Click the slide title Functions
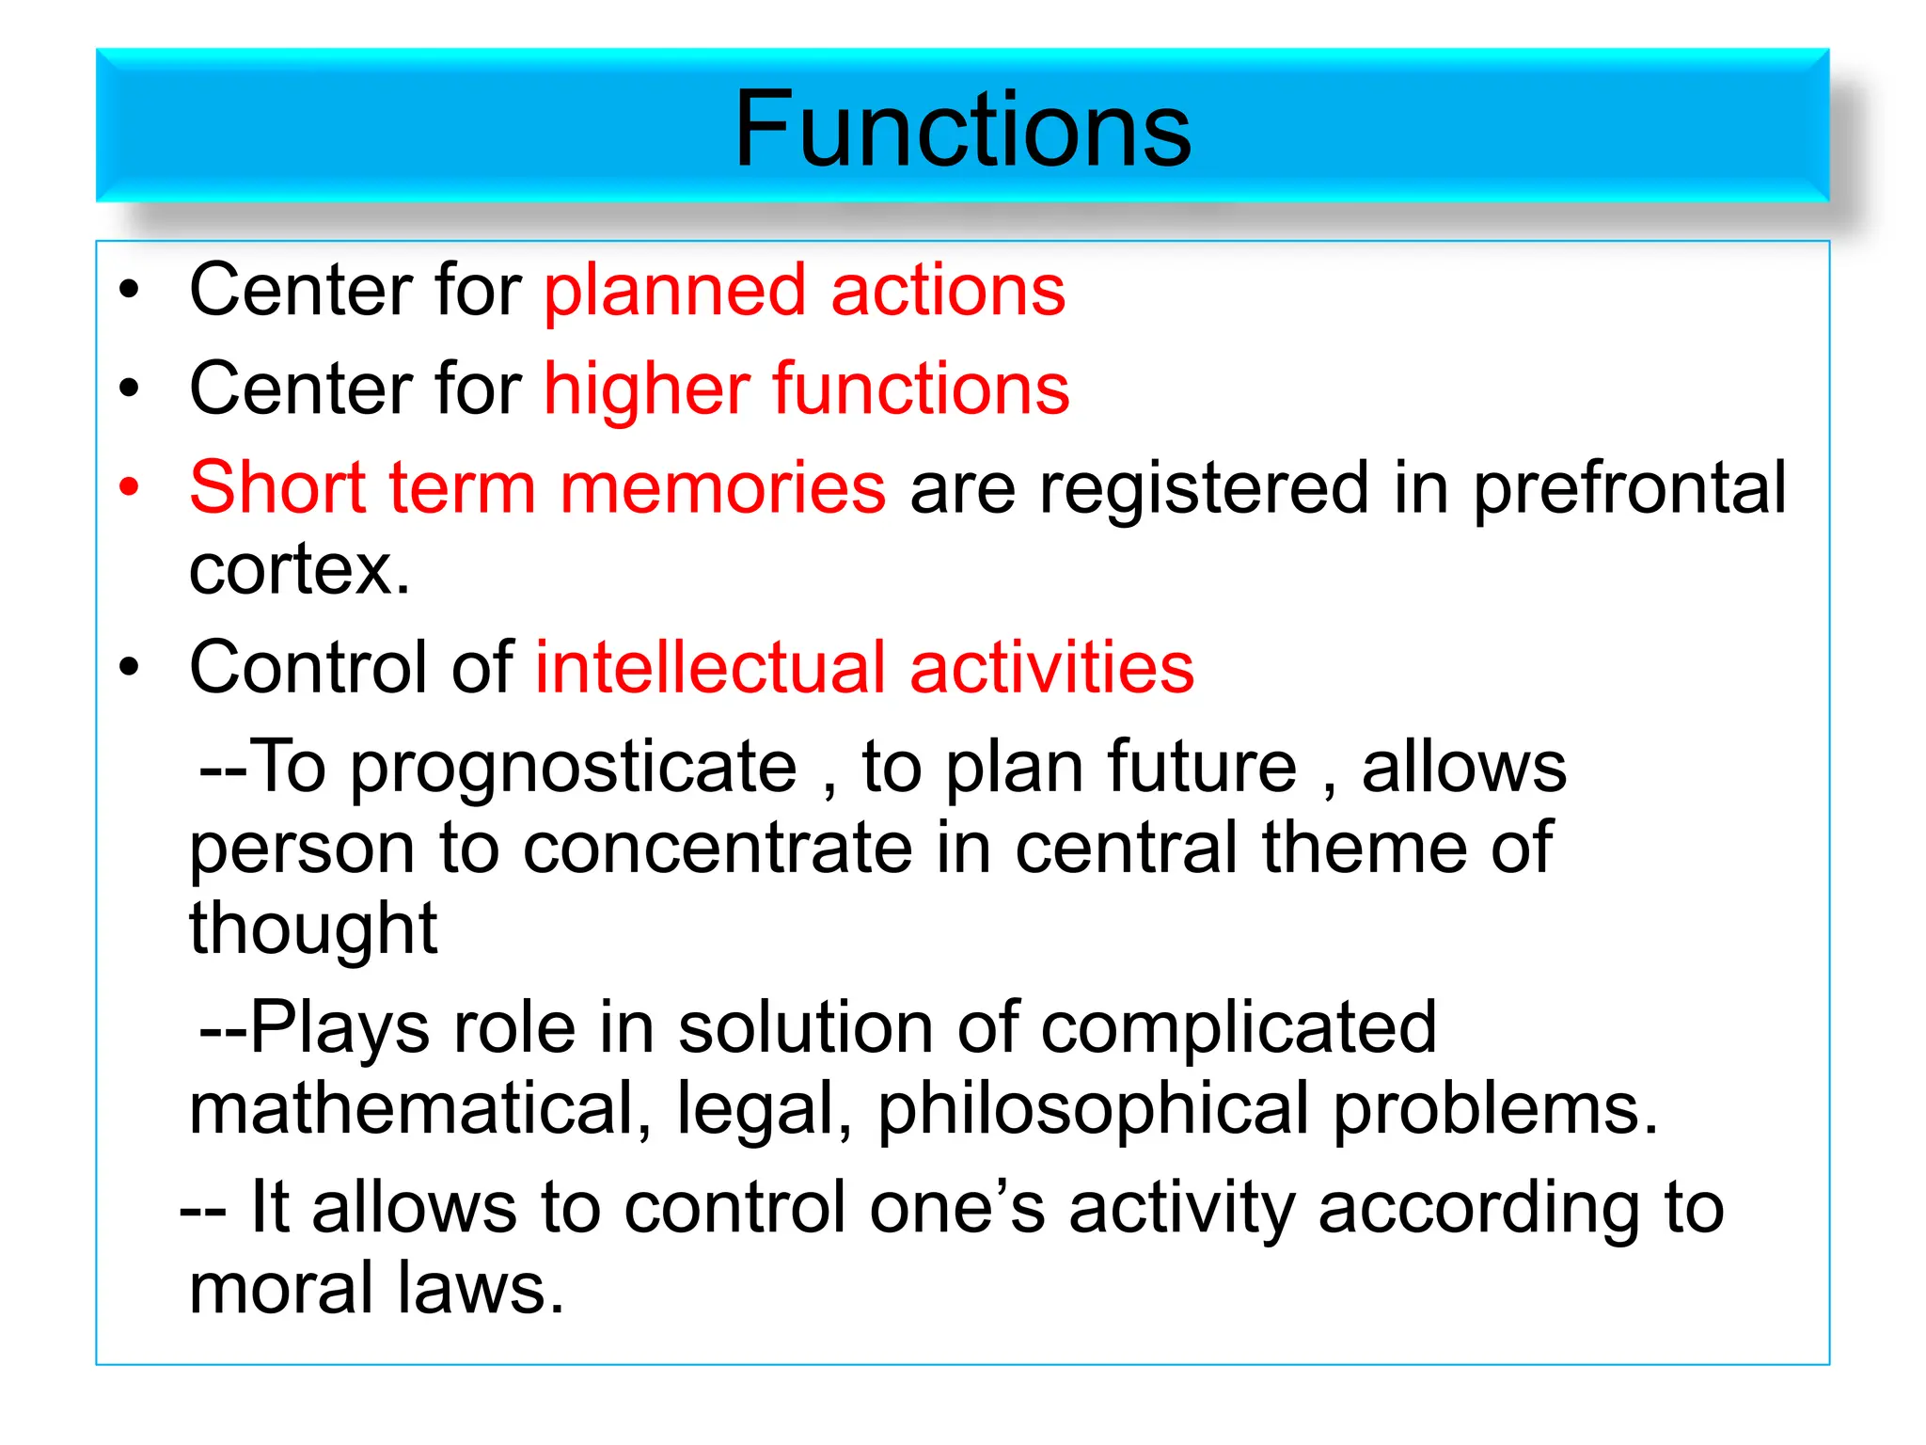click(962, 129)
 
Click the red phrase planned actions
click(805, 291)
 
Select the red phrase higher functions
click(807, 389)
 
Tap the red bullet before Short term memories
click(129, 487)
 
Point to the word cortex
click(299, 570)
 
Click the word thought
click(313, 929)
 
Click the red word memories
click(722, 489)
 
